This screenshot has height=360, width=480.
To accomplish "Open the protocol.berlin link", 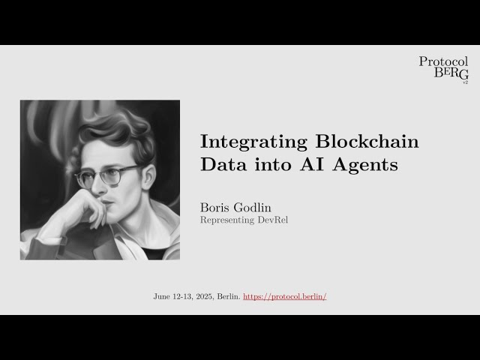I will tap(285, 296).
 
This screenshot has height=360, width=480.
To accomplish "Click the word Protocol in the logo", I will tap(443, 62).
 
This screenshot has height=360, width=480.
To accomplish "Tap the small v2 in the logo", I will tap(465, 81).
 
